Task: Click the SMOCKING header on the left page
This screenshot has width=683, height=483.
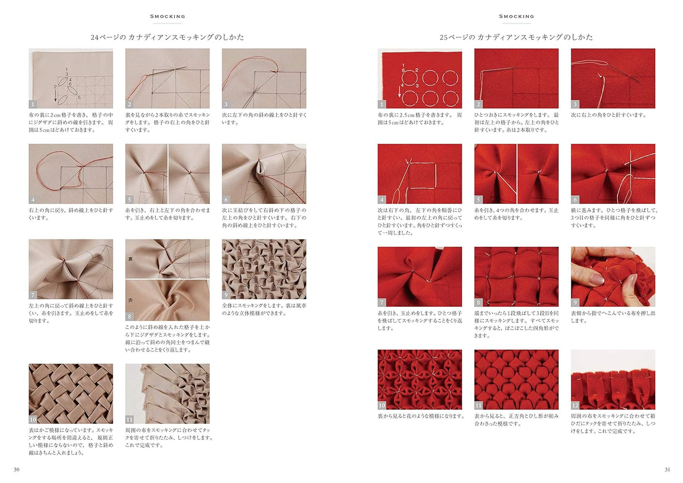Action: coord(168,17)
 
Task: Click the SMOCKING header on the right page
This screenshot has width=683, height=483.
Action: coord(516,17)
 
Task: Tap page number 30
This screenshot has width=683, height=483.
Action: coord(17,469)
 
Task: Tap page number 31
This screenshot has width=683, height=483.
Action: coord(667,469)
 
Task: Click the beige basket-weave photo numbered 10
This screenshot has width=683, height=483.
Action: coord(71,393)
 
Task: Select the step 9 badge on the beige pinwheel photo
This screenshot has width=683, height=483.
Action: coord(226,295)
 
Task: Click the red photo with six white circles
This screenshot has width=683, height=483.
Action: coord(420,78)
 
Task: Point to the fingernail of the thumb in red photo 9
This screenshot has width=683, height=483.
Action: coord(597,278)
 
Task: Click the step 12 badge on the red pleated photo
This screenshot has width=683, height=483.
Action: coord(575,405)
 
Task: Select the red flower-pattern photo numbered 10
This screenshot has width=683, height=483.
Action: coord(420,379)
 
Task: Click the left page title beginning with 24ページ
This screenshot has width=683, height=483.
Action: coord(167,37)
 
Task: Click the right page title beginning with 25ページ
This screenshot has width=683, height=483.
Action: coord(516,37)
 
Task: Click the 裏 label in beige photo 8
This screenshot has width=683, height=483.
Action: coord(130,259)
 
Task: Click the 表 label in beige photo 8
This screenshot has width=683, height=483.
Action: coord(130,300)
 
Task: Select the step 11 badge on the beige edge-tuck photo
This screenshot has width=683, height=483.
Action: coord(130,419)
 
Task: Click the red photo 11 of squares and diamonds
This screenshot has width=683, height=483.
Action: coord(516,379)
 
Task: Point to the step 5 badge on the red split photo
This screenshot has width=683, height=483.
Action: coord(478,199)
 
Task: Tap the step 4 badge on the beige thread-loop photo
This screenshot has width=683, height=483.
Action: coord(33,199)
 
